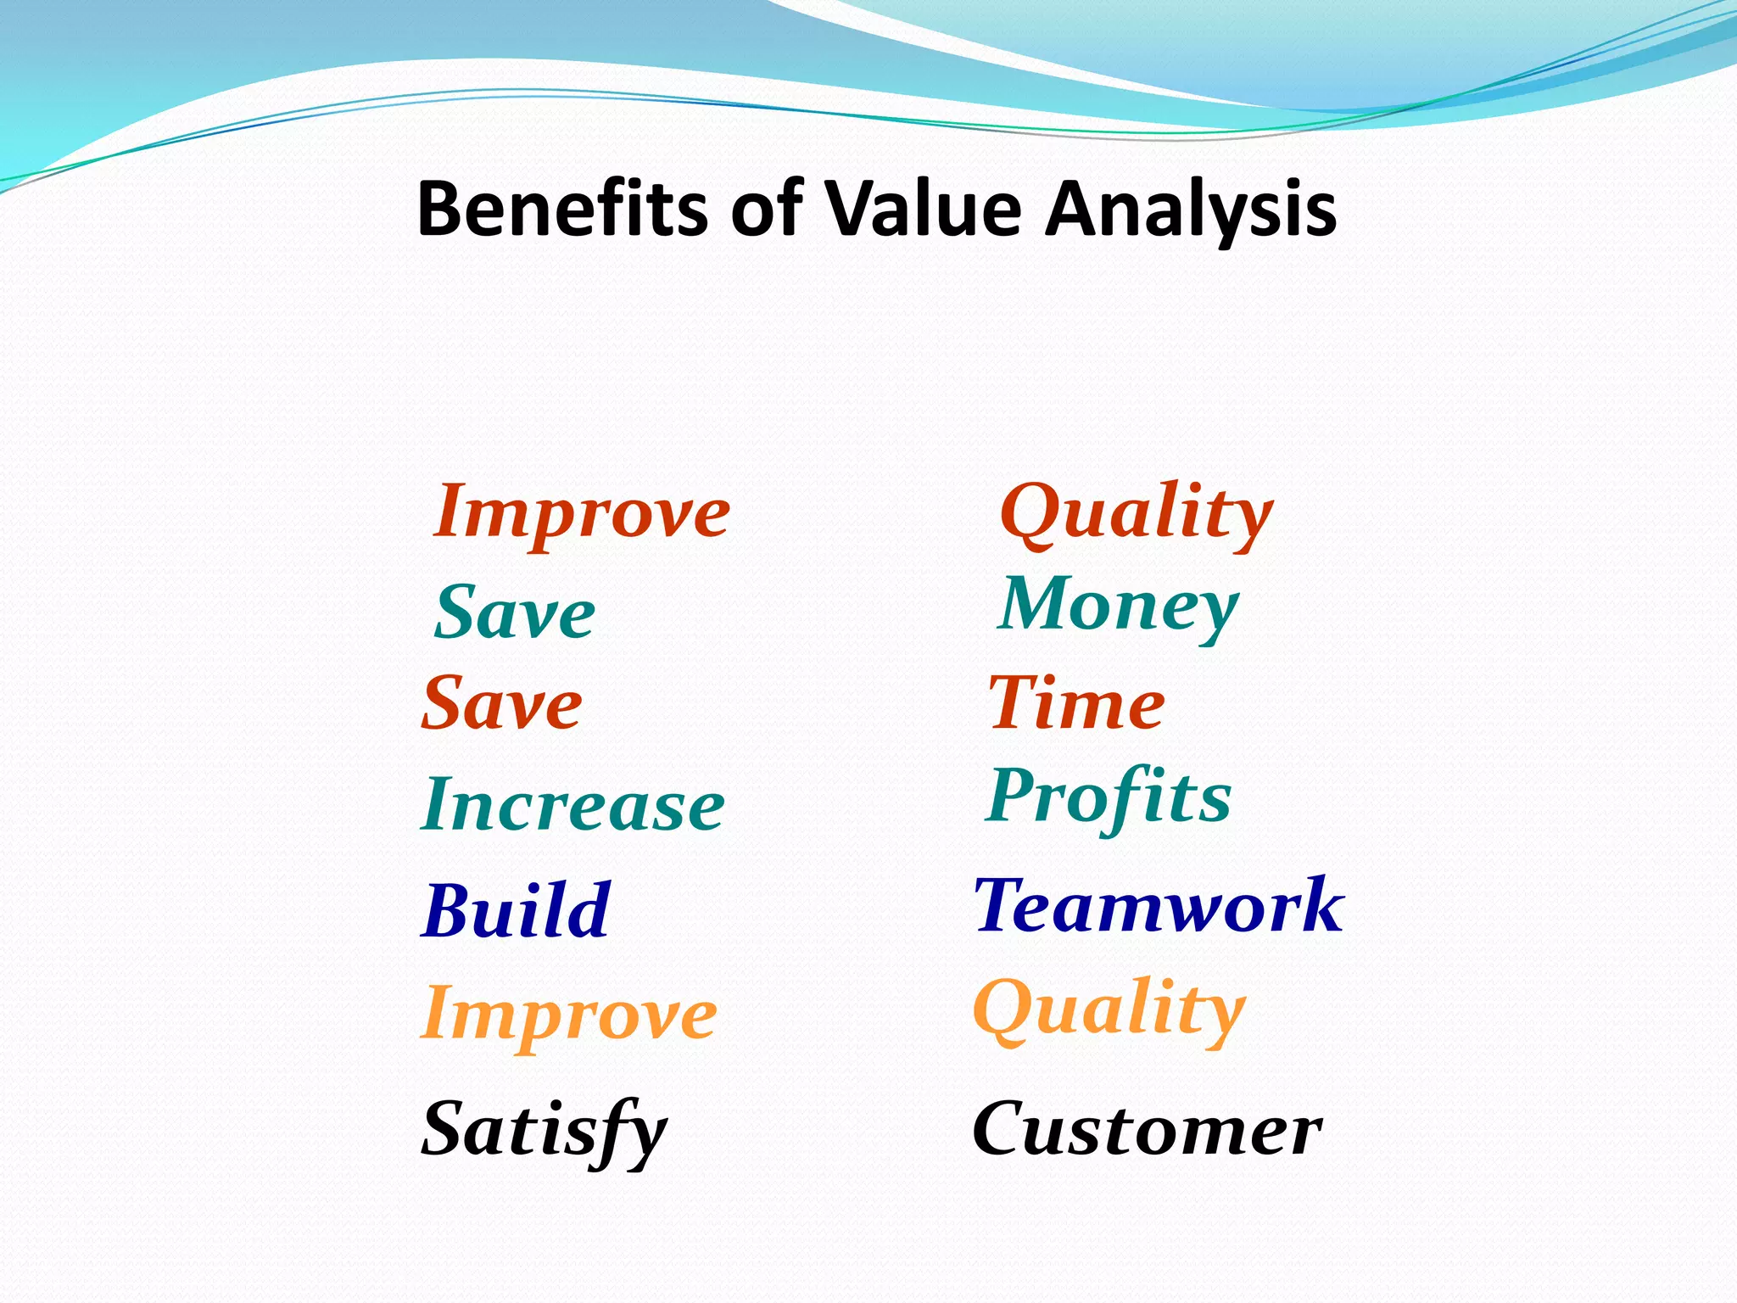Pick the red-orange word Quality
click(1136, 513)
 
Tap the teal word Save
click(515, 612)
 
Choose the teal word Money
click(1119, 606)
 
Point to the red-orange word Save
click(502, 703)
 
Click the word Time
click(1077, 703)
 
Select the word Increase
click(573, 804)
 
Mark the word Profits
click(1109, 797)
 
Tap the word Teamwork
click(1159, 905)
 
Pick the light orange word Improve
click(569, 1015)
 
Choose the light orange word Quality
click(1109, 1009)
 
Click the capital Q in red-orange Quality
click(1030, 512)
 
